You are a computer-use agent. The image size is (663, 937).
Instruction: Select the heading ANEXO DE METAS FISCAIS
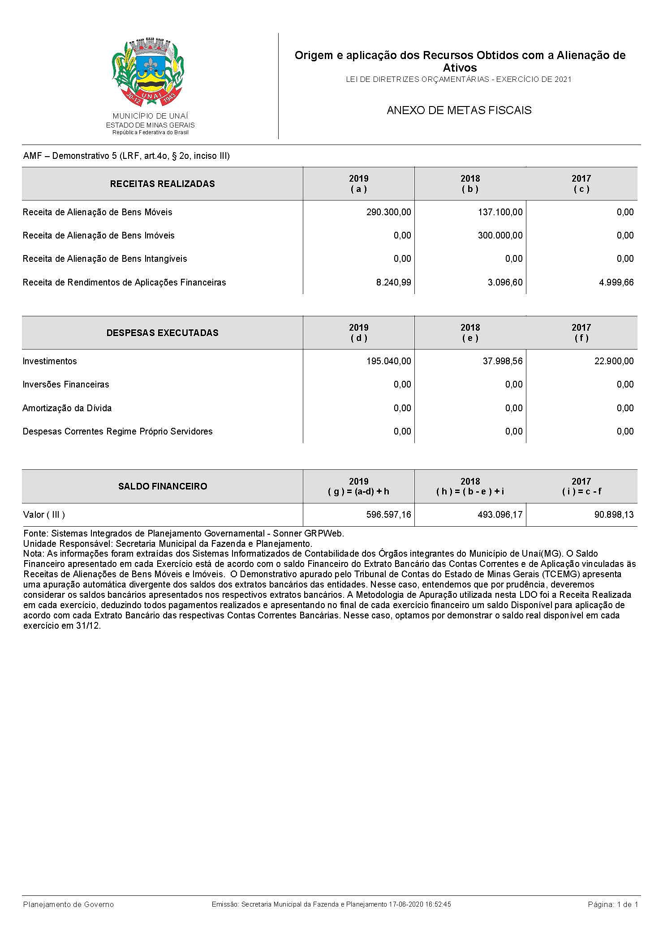[459, 111]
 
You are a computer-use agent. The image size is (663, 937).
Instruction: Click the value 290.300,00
[388, 212]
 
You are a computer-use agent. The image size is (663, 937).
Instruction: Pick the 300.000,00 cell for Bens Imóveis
[500, 235]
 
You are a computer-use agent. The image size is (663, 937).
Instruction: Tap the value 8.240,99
[393, 282]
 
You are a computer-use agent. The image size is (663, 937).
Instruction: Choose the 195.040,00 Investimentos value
[388, 361]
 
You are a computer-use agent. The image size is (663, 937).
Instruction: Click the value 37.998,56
[502, 361]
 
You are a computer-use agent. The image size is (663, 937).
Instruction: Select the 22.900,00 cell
[614, 361]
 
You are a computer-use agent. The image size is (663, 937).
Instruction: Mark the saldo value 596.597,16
[388, 515]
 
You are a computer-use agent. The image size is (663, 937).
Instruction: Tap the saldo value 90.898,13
[614, 515]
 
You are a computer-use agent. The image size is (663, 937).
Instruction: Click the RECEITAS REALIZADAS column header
[162, 184]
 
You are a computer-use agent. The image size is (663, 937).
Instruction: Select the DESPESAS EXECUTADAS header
[162, 333]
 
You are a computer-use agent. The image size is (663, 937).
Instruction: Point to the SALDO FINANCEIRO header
[162, 486]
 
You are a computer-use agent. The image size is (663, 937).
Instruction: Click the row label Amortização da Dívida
[67, 408]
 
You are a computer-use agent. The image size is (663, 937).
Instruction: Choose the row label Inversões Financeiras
[66, 384]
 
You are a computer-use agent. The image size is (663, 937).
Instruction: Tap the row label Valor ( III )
[44, 515]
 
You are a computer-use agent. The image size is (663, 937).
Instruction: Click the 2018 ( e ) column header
[470, 333]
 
